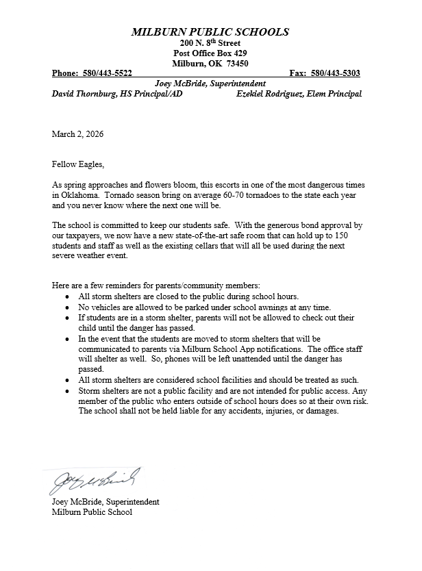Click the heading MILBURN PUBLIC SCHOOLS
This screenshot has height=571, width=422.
[210, 32]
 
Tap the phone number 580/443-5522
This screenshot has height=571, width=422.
[109, 73]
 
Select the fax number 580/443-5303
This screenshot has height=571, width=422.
[336, 73]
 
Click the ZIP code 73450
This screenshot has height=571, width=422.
[237, 63]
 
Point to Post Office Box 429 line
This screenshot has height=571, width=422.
[210, 53]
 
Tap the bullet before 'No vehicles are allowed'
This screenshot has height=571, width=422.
[66, 308]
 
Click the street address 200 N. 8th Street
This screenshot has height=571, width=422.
[210, 43]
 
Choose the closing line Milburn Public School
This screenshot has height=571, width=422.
[92, 512]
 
